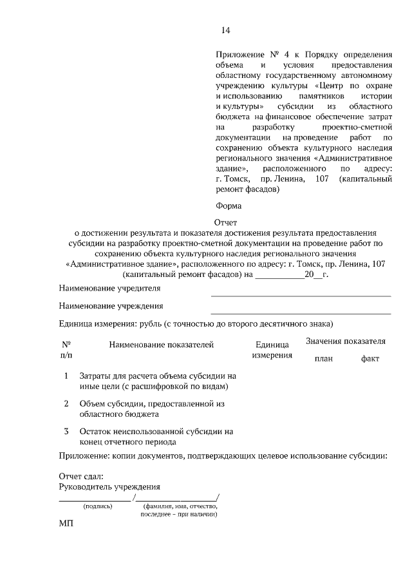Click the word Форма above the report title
click(229, 206)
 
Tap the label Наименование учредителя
click(109, 288)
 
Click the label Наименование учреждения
click(111, 306)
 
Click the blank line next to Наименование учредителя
click(301, 295)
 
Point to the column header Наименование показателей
click(161, 346)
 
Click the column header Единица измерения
click(272, 350)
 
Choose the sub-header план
click(324, 359)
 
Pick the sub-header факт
click(370, 359)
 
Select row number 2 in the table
click(66, 403)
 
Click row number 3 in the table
click(66, 431)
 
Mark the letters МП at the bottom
click(66, 524)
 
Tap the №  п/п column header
click(66, 350)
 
